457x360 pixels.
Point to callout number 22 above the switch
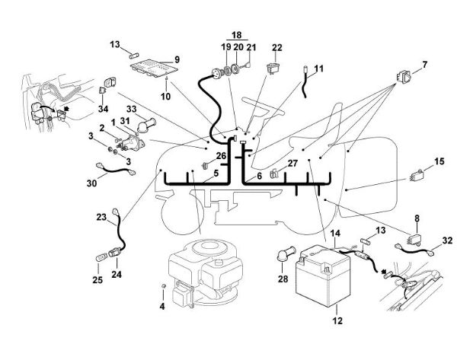click(x=277, y=47)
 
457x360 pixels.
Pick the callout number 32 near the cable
click(x=447, y=240)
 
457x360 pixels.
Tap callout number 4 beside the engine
click(x=161, y=306)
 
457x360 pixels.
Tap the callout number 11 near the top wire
click(x=318, y=68)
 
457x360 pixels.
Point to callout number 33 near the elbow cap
click(x=133, y=111)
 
